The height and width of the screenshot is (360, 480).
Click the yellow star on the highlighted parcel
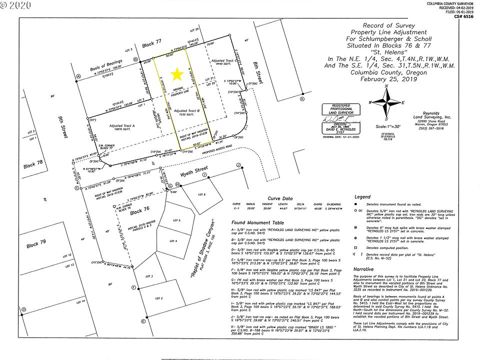tap(176, 74)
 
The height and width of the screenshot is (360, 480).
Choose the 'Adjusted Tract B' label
tap(187, 111)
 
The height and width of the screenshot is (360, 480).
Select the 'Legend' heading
tap(362, 197)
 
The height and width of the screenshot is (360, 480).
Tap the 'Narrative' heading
tap(363, 268)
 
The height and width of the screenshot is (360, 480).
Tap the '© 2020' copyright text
tap(16, 6)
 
